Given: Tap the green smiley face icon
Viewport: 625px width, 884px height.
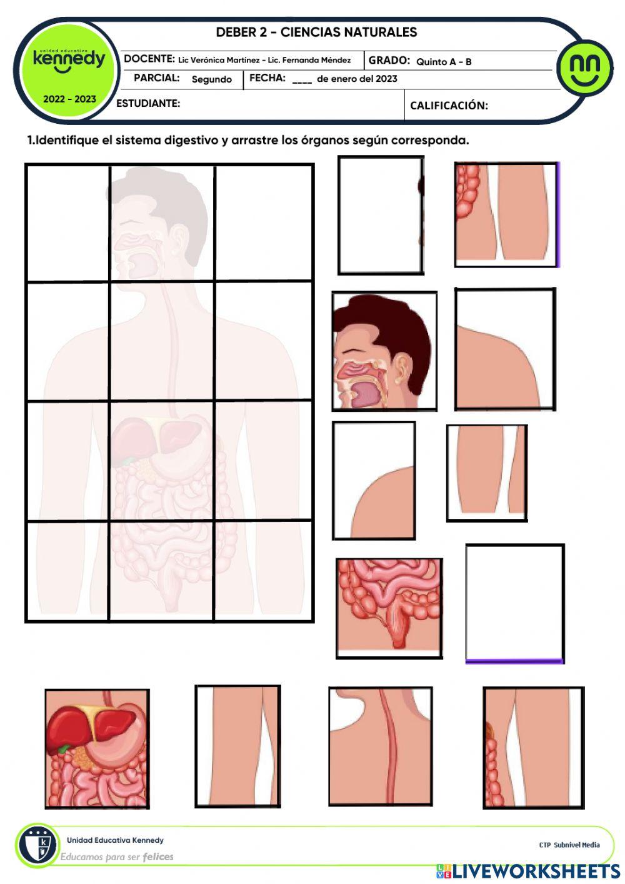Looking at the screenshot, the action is (585, 68).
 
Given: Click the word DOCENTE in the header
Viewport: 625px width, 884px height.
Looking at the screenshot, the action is (149, 59).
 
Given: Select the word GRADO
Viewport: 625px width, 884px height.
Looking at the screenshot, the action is (389, 61).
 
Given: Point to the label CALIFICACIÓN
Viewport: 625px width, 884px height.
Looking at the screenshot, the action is (449, 106).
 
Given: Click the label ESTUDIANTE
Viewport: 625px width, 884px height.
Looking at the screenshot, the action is (148, 103).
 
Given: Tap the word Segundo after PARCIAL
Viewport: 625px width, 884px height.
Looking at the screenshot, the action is (211, 79).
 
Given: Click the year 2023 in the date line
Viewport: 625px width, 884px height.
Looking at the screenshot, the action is (386, 79).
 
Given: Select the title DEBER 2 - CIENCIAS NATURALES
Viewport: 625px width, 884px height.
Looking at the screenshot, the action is (316, 32).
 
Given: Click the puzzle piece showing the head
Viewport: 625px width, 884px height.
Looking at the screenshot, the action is (384, 351).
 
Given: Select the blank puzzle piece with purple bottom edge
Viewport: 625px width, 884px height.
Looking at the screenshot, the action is (515, 603).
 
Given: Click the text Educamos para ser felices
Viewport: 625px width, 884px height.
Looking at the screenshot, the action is (116, 856).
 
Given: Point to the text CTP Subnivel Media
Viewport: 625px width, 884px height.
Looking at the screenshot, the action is (569, 845).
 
